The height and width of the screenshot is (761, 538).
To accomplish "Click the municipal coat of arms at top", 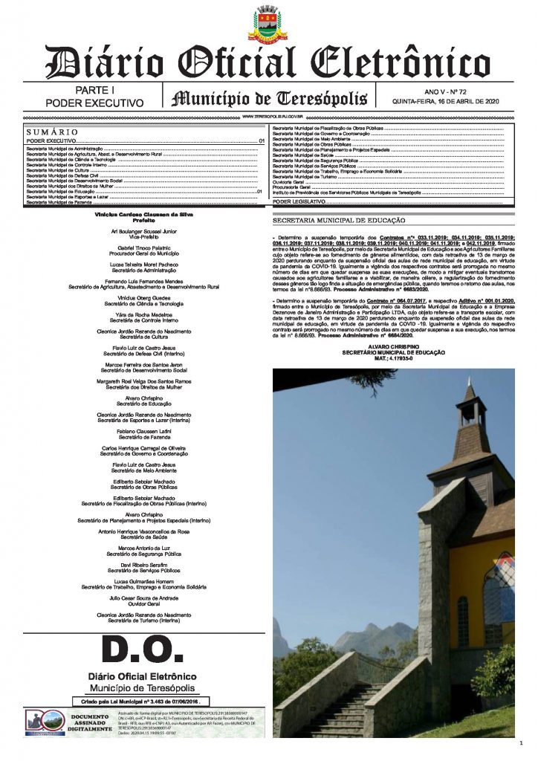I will pos(269,23).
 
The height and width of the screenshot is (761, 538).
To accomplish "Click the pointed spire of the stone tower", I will pos(469,394).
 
